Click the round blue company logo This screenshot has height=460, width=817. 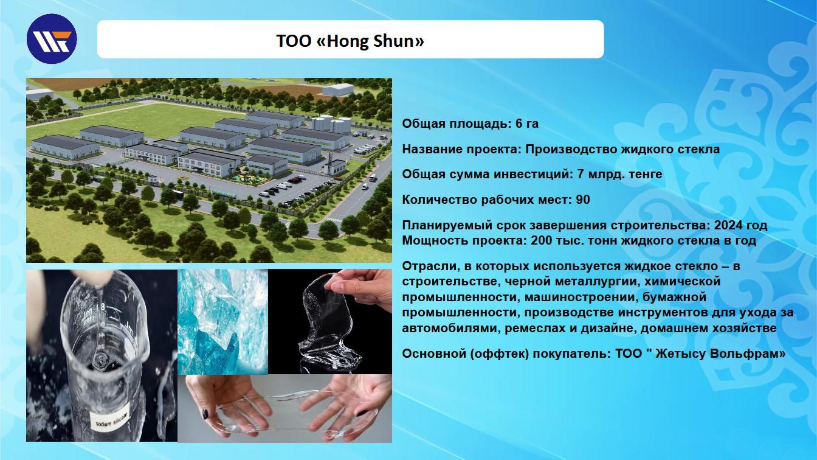[52, 39]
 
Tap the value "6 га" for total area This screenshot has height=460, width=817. [527, 124]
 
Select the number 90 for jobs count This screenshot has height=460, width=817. [583, 200]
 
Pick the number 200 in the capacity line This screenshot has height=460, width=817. [541, 240]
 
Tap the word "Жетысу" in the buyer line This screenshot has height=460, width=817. [681, 354]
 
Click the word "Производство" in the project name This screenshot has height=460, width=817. [571, 149]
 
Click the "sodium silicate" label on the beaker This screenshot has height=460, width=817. [112, 419]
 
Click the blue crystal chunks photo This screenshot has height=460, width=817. [223, 322]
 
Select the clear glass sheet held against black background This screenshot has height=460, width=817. [329, 321]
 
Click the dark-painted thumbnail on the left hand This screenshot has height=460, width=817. [205, 414]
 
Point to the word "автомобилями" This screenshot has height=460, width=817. [452, 328]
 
